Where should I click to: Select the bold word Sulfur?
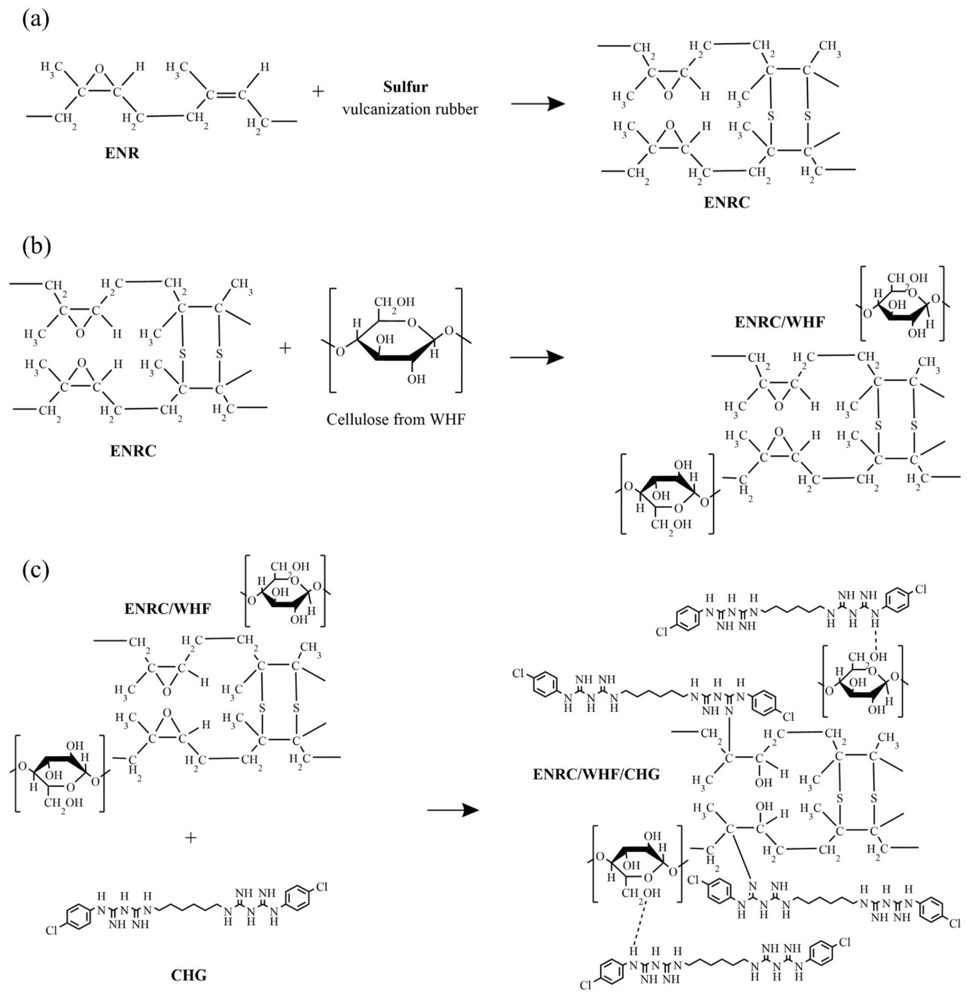(x=405, y=87)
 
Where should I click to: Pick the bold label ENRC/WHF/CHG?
(x=596, y=775)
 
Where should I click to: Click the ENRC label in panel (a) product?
(x=726, y=203)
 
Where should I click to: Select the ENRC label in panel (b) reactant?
(x=133, y=450)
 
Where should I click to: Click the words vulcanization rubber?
(x=410, y=109)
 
